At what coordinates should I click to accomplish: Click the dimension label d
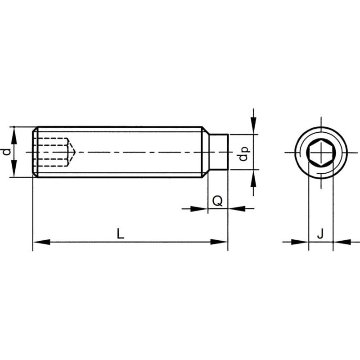[7, 152]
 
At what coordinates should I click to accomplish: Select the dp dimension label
[243, 154]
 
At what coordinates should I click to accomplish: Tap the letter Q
[217, 201]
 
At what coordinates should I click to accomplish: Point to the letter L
[120, 234]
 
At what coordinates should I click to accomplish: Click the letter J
[320, 234]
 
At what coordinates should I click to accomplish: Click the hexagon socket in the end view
[321, 153]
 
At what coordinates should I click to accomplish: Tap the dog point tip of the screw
[218, 152]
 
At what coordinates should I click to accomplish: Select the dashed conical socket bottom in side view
[72, 152]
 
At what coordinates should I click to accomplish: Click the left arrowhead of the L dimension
[41, 242]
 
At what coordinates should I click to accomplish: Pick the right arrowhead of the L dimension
[219, 242]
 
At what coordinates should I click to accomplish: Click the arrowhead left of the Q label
[199, 209]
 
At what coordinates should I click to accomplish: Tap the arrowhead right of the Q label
[237, 209]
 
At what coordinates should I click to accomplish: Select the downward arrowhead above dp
[253, 126]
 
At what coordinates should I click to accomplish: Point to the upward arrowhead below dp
[253, 178]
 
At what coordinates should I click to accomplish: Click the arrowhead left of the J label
[300, 242]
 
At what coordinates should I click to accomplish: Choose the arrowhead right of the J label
[342, 242]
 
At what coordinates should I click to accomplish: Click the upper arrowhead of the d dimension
[14, 135]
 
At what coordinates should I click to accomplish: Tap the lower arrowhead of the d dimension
[14, 168]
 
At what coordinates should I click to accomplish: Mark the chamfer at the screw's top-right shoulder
[205, 130]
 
